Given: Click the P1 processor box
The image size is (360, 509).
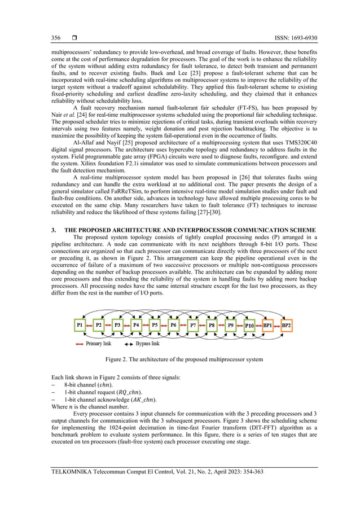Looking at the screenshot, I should [x=80, y=326].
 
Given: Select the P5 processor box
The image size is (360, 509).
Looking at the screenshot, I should [x=154, y=326].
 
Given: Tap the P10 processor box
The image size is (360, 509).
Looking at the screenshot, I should [x=249, y=326].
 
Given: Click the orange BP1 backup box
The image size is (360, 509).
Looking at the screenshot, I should [x=267, y=326].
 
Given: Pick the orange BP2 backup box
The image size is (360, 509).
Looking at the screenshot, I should [x=286, y=326].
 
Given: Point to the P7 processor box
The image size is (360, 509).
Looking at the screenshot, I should [x=192, y=326].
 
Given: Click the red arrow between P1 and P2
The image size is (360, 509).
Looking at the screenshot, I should [x=89, y=326].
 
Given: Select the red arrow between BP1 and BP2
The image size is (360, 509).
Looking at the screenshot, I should [x=276, y=326].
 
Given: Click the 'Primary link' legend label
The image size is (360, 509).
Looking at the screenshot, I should [x=100, y=343].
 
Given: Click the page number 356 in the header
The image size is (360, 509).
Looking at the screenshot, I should [x=56, y=38].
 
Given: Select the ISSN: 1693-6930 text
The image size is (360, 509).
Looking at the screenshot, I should [x=282, y=38].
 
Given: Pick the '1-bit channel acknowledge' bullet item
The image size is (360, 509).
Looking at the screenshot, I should [x=103, y=400].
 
